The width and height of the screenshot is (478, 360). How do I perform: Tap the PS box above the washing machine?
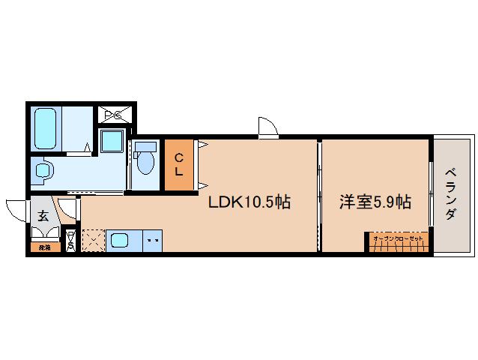point(117,115)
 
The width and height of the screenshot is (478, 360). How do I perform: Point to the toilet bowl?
point(145,160)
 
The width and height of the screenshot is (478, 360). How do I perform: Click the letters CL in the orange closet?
point(179,165)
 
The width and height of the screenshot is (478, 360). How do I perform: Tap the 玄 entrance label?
point(43,216)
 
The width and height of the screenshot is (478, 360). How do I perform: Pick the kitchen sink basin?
point(120,241)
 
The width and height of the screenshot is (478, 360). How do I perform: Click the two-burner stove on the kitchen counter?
point(152,241)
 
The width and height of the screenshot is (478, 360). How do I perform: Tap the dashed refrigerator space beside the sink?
point(93,241)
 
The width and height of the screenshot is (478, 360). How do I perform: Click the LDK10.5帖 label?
point(249,202)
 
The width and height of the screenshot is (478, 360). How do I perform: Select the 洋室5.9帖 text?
point(375,202)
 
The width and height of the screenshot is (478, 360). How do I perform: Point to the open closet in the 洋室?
point(398,242)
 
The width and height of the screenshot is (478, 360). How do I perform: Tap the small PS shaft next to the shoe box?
point(70,241)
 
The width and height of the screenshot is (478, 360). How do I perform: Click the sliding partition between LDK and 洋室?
point(318,195)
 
